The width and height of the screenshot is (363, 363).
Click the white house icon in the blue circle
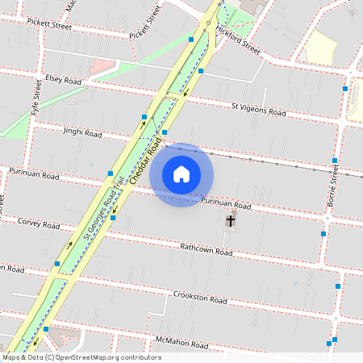[x=181, y=174]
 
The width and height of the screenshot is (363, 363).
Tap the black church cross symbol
[x=231, y=220]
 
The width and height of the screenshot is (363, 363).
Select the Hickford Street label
[x=240, y=44]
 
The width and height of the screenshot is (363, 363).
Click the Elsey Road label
[x=64, y=80]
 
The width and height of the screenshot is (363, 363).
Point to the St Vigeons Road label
[x=258, y=109]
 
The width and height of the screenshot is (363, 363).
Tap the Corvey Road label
[x=40, y=224]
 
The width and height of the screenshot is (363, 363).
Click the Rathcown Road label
[x=206, y=251]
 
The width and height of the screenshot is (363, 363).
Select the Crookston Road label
[x=199, y=298]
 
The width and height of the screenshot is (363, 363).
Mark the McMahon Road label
[x=183, y=344]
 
